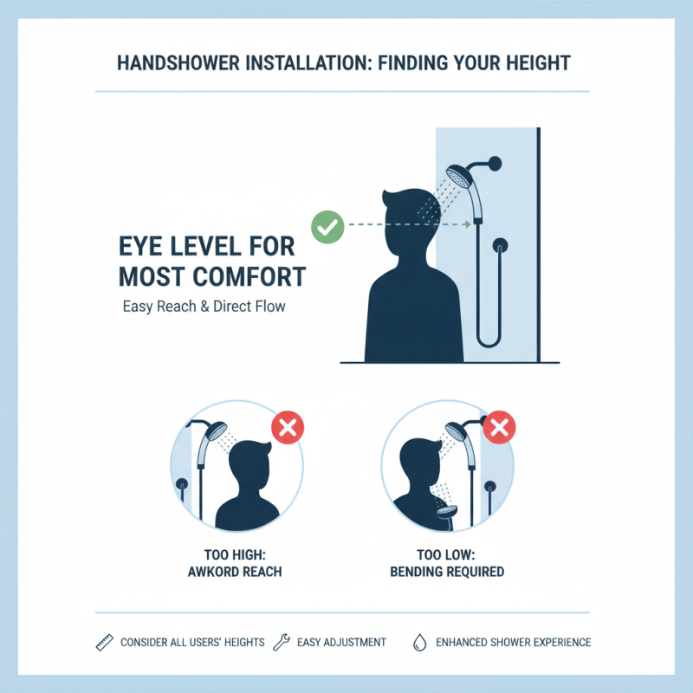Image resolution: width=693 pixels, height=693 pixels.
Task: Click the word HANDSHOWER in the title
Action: (x=172, y=63)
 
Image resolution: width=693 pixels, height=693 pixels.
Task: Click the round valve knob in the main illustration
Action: (x=500, y=247)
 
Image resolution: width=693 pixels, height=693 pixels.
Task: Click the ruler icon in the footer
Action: (x=103, y=642)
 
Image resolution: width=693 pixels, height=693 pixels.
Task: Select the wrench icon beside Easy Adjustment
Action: (x=280, y=642)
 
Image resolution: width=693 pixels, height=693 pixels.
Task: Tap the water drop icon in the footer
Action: (x=419, y=642)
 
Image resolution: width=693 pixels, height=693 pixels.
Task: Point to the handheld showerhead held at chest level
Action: (x=448, y=511)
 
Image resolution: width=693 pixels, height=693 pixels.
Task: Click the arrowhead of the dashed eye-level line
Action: (x=467, y=225)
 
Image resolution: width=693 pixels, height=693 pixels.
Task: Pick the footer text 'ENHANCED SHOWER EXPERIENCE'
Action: (x=514, y=642)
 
